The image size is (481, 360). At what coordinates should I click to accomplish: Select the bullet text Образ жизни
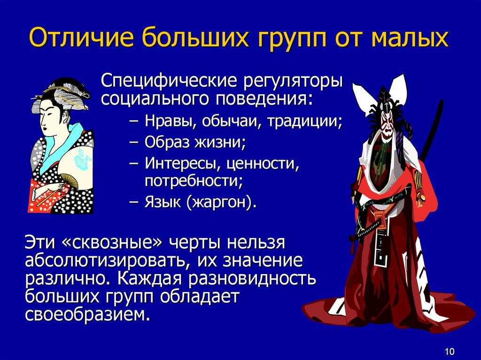pyautogui.click(x=195, y=142)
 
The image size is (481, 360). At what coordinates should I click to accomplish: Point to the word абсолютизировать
pyautogui.click(x=107, y=260)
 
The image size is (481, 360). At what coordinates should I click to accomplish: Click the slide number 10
pyautogui.click(x=449, y=351)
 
